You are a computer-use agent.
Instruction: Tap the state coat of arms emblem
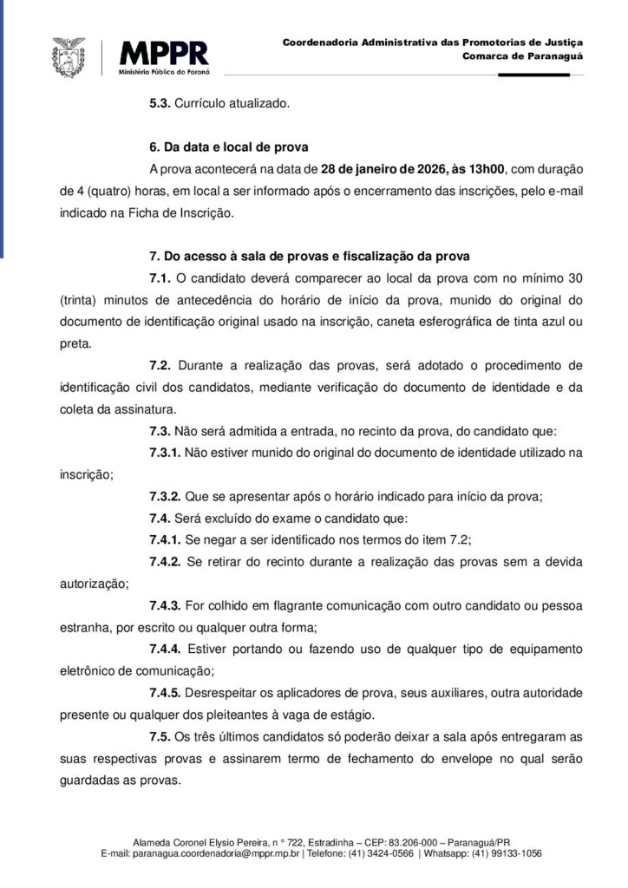pos(70,58)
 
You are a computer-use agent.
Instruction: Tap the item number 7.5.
pos(160,736)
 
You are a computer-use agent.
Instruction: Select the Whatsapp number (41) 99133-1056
pos(508,853)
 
